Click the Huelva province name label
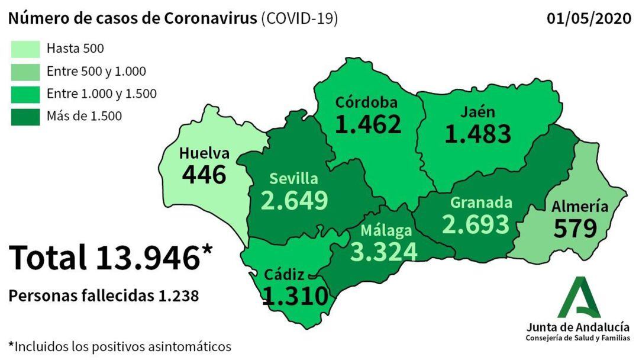[205, 153]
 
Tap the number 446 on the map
[204, 174]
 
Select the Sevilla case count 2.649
[294, 200]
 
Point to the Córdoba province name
[366, 102]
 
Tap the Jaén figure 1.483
[477, 134]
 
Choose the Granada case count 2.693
[476, 224]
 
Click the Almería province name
[579, 207]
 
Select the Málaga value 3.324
[383, 250]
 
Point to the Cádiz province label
[284, 275]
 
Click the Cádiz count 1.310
[295, 295]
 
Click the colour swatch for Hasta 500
[25, 49]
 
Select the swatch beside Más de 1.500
[25, 116]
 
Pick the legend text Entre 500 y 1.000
[96, 72]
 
